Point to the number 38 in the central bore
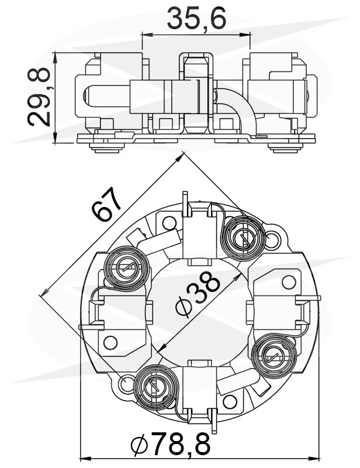point(206,291)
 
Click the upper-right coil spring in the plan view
point(241,236)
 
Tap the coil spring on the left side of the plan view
point(123,269)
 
